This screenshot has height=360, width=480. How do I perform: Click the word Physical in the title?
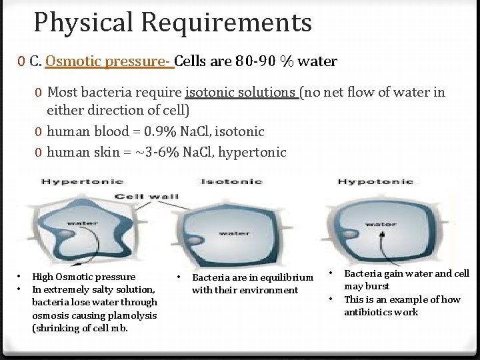(x=86, y=23)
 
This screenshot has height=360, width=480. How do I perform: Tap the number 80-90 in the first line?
(x=255, y=61)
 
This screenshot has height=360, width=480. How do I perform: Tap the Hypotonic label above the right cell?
(x=375, y=181)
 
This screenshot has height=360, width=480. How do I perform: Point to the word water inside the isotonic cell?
(x=234, y=233)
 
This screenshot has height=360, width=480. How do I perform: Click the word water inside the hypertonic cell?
(x=81, y=223)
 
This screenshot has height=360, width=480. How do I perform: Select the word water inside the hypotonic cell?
(x=381, y=224)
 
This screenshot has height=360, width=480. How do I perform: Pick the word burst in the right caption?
(x=377, y=286)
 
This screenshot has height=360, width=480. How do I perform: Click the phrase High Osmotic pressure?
(x=83, y=277)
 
